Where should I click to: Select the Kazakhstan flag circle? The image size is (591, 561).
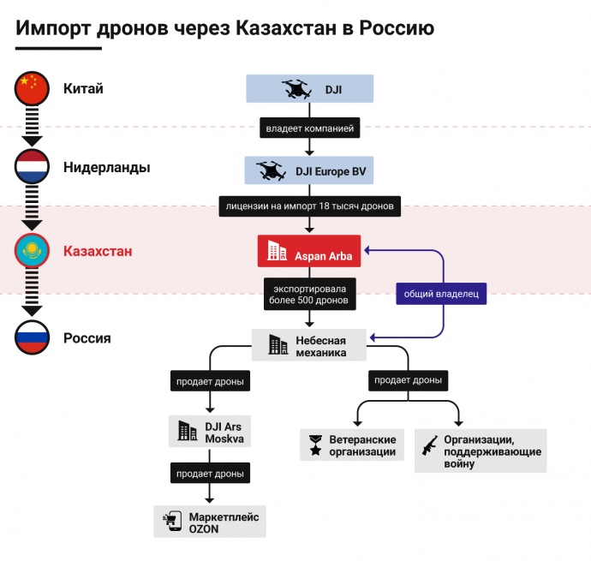click(33, 251)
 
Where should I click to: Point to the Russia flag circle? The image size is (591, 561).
click(33, 337)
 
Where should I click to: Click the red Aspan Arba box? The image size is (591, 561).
click(309, 251)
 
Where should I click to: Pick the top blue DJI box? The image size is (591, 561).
click(309, 89)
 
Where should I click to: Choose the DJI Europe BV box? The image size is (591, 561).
click(309, 170)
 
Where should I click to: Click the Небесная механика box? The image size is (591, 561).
click(309, 344)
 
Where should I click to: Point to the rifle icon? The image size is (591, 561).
click(429, 445)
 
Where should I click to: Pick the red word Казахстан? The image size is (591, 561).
click(98, 252)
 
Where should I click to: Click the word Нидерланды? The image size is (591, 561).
click(106, 168)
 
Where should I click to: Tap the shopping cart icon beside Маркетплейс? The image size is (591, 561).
click(171, 521)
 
